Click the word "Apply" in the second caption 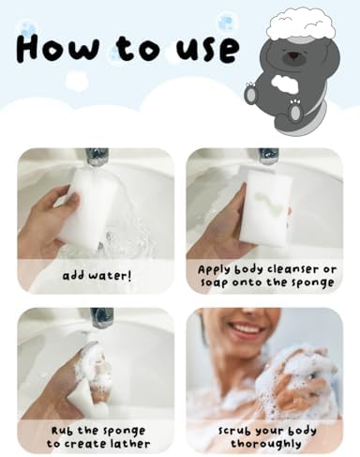point(217,268)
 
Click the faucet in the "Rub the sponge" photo point(101,316)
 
